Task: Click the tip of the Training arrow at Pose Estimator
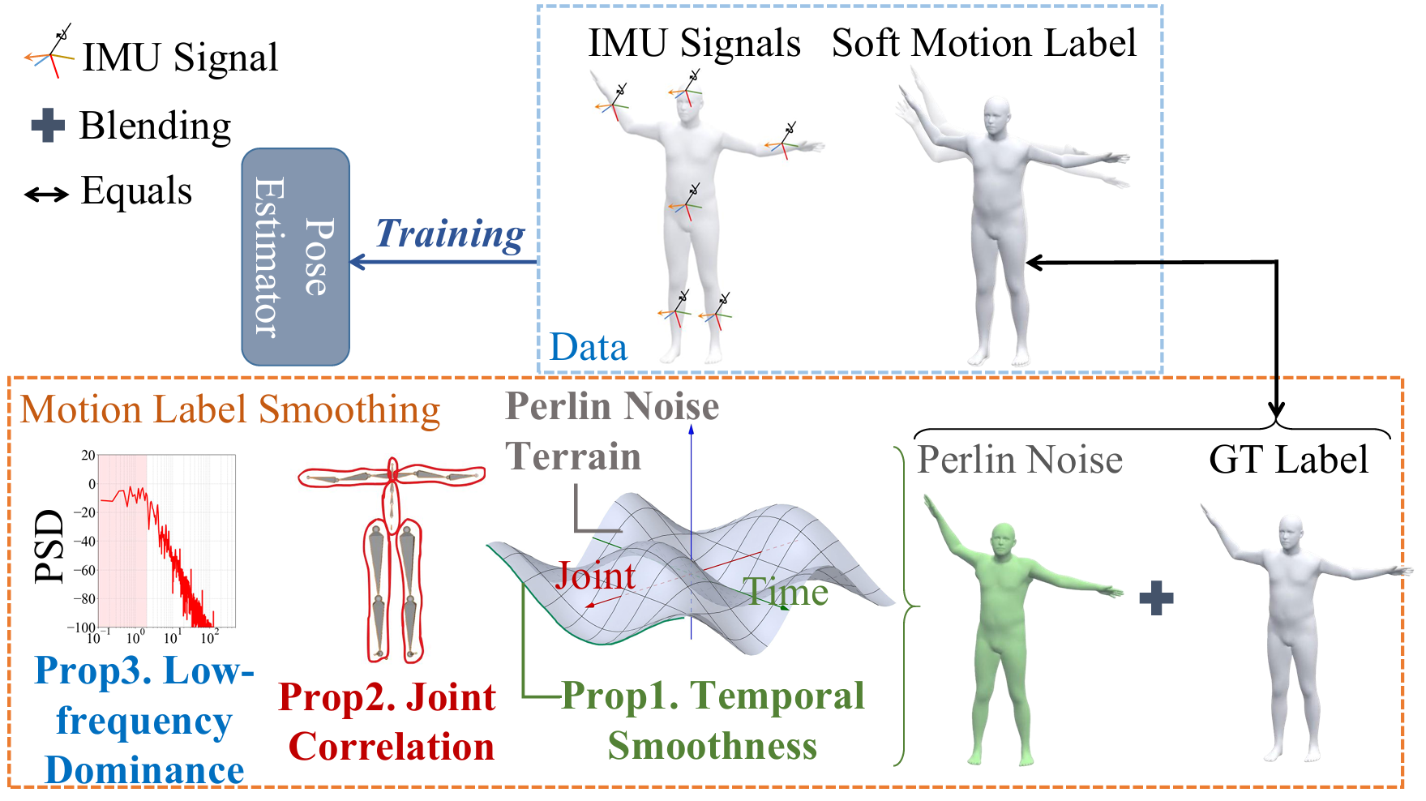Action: (350, 262)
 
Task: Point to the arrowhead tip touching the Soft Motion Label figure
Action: (1026, 262)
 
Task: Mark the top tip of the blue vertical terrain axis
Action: (692, 426)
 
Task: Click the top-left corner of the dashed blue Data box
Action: (538, 6)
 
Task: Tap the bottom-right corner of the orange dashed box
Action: (1402, 786)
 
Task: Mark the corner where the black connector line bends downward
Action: (1277, 262)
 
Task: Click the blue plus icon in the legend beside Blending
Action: (48, 126)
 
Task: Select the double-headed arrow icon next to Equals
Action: (46, 195)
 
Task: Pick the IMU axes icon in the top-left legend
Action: (50, 52)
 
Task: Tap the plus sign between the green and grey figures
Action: (1156, 598)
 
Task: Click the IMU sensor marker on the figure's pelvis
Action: (687, 203)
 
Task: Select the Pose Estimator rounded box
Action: (296, 257)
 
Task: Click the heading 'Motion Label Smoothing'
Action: (230, 410)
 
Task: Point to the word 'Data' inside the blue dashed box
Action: (589, 347)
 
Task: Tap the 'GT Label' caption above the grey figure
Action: (1288, 460)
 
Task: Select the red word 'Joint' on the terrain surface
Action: (595, 576)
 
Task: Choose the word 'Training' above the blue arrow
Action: (450, 235)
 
